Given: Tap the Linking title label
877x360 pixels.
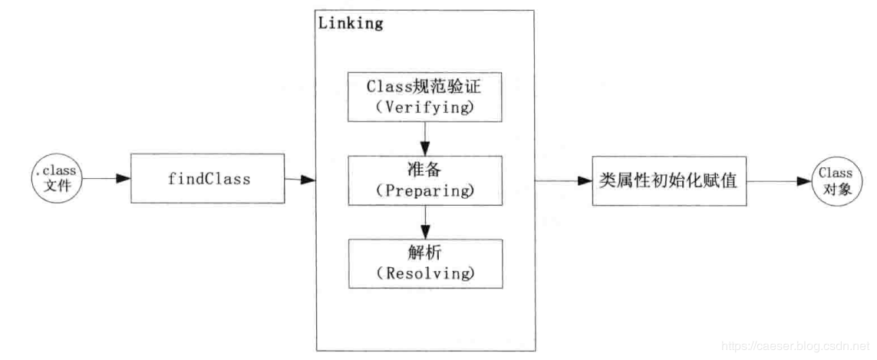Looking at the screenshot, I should click(x=351, y=23).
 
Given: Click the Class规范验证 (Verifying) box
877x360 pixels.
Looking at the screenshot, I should click(x=425, y=97).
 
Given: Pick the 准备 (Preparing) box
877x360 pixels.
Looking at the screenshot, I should click(x=425, y=180).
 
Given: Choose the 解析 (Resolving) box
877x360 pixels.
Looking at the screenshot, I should click(x=425, y=263).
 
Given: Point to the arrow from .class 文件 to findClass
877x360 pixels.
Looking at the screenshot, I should click(x=106, y=180).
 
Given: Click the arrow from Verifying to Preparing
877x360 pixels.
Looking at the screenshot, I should click(x=425, y=138).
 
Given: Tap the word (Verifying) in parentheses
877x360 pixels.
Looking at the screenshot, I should click(x=425, y=107).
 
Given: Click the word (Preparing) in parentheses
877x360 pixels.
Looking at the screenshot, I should click(x=425, y=190).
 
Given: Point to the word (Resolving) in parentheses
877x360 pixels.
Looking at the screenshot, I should click(x=425, y=272).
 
